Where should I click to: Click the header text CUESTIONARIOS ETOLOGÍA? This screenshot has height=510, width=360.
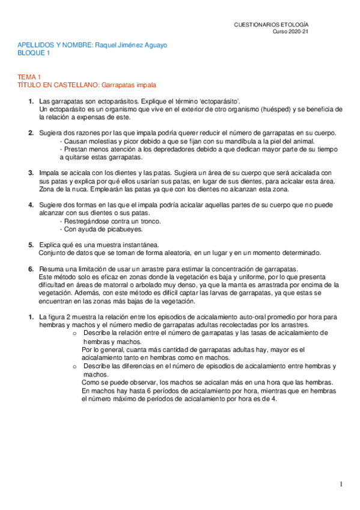coord(271,24)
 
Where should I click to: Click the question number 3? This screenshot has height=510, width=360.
coord(31,173)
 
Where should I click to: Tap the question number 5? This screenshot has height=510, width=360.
coord(31,245)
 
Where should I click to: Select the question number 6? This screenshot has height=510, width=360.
coord(31,269)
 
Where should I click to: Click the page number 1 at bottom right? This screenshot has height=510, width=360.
coord(341,485)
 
